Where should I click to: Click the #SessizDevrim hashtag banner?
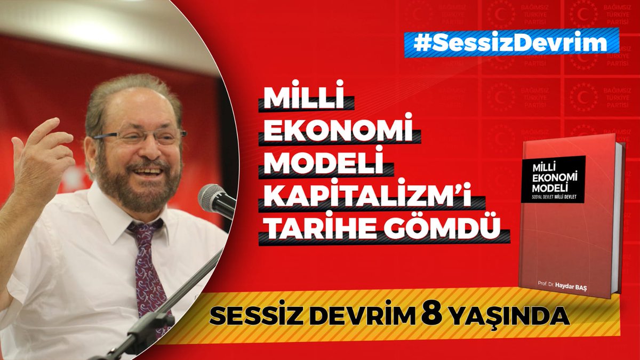click(511, 43)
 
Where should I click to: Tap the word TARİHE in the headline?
click(319, 230)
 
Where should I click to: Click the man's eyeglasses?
click(141, 136)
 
